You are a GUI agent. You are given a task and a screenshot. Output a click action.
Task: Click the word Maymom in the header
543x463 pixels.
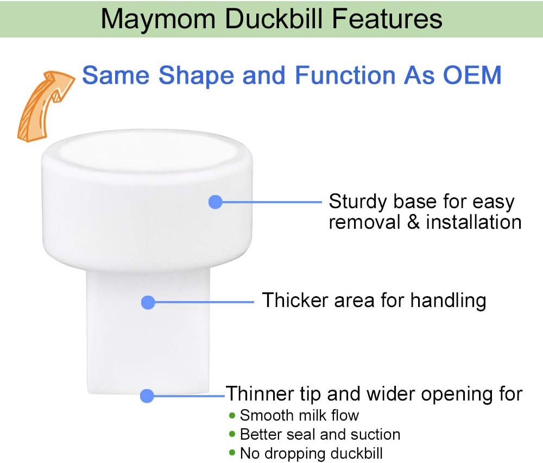(x=158, y=20)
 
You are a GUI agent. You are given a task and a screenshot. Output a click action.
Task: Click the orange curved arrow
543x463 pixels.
(x=45, y=105)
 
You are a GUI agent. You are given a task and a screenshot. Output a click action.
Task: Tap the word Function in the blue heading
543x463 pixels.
(x=345, y=75)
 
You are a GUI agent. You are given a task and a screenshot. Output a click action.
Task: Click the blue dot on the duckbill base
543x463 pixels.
(x=216, y=202)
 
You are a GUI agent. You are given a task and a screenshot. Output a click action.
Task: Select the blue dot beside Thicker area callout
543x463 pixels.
(x=148, y=302)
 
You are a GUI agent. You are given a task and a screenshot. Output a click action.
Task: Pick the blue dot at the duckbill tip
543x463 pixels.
(x=147, y=396)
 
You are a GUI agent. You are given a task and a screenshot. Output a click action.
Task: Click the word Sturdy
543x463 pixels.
(x=358, y=202)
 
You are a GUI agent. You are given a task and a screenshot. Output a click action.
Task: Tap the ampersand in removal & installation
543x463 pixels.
(x=413, y=222)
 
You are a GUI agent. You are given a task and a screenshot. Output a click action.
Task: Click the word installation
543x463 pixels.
(x=473, y=222)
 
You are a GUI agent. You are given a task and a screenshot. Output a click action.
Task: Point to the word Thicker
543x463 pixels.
(x=295, y=300)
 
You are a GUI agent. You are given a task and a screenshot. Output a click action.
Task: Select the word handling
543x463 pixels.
(x=449, y=301)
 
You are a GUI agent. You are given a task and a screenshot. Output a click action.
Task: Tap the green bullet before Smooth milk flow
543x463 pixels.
(x=232, y=415)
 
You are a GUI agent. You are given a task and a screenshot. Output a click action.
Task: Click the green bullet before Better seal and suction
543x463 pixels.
(x=232, y=434)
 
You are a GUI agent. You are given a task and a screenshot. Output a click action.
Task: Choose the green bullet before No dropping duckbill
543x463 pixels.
(x=232, y=453)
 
